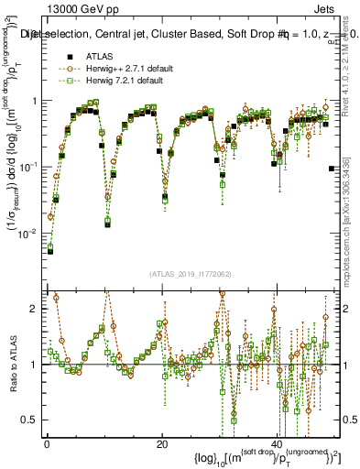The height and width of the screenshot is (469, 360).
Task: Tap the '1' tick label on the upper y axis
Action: (x=35, y=101)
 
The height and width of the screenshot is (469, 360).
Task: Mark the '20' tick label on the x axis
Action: (x=162, y=444)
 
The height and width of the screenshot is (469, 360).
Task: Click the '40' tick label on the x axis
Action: (x=277, y=444)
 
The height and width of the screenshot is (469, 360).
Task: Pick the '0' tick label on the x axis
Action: (x=47, y=444)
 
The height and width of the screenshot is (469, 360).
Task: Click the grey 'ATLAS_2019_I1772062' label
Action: (x=191, y=274)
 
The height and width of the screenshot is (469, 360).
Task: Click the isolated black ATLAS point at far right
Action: (x=331, y=168)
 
